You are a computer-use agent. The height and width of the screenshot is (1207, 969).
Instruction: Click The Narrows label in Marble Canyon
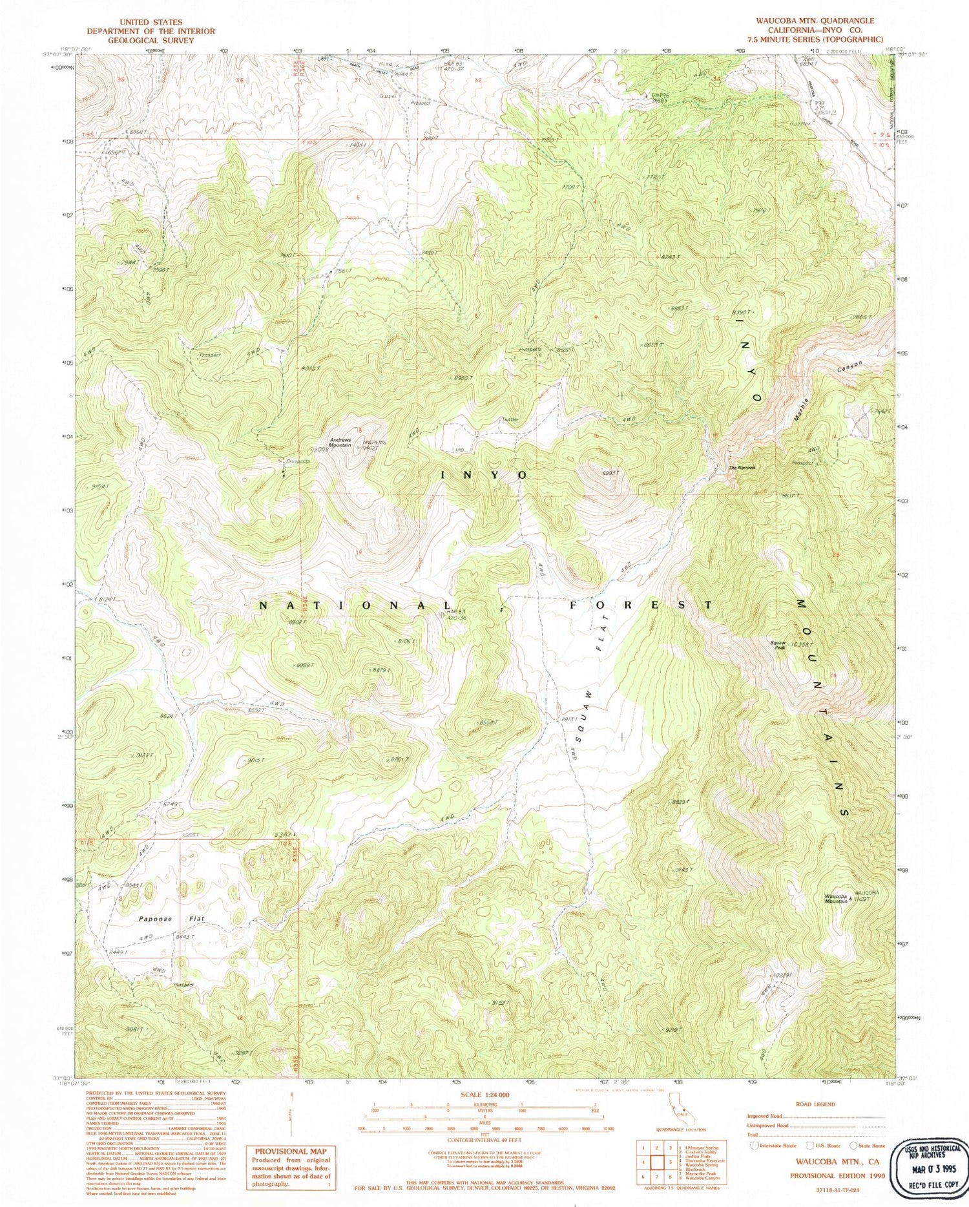coord(742,468)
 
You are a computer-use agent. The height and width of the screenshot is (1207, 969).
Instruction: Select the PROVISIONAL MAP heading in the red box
coord(290,1151)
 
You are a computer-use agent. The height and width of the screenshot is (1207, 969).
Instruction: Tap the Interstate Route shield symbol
coord(753,1145)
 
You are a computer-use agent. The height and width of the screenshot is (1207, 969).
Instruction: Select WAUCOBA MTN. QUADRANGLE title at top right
coord(815,21)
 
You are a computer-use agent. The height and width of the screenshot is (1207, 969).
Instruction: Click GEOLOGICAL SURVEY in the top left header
coord(151,40)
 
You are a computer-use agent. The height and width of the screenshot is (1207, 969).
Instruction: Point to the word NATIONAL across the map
coord(353,605)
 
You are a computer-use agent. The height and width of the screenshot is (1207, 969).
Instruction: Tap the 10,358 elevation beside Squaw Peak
coord(802,645)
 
